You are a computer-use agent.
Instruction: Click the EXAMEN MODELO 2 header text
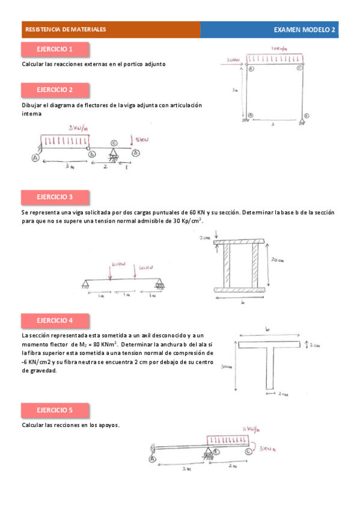(x=305, y=29)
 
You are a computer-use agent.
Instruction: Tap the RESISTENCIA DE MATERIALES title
(x=66, y=29)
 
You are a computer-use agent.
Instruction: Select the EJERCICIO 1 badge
(x=55, y=49)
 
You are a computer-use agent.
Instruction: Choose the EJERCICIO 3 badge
(x=55, y=197)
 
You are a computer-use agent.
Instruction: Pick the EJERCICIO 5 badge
(x=55, y=410)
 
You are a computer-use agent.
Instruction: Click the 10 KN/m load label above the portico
(x=278, y=48)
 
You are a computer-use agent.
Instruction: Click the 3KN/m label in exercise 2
(x=78, y=127)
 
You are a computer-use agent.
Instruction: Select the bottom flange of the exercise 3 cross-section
(x=239, y=290)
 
